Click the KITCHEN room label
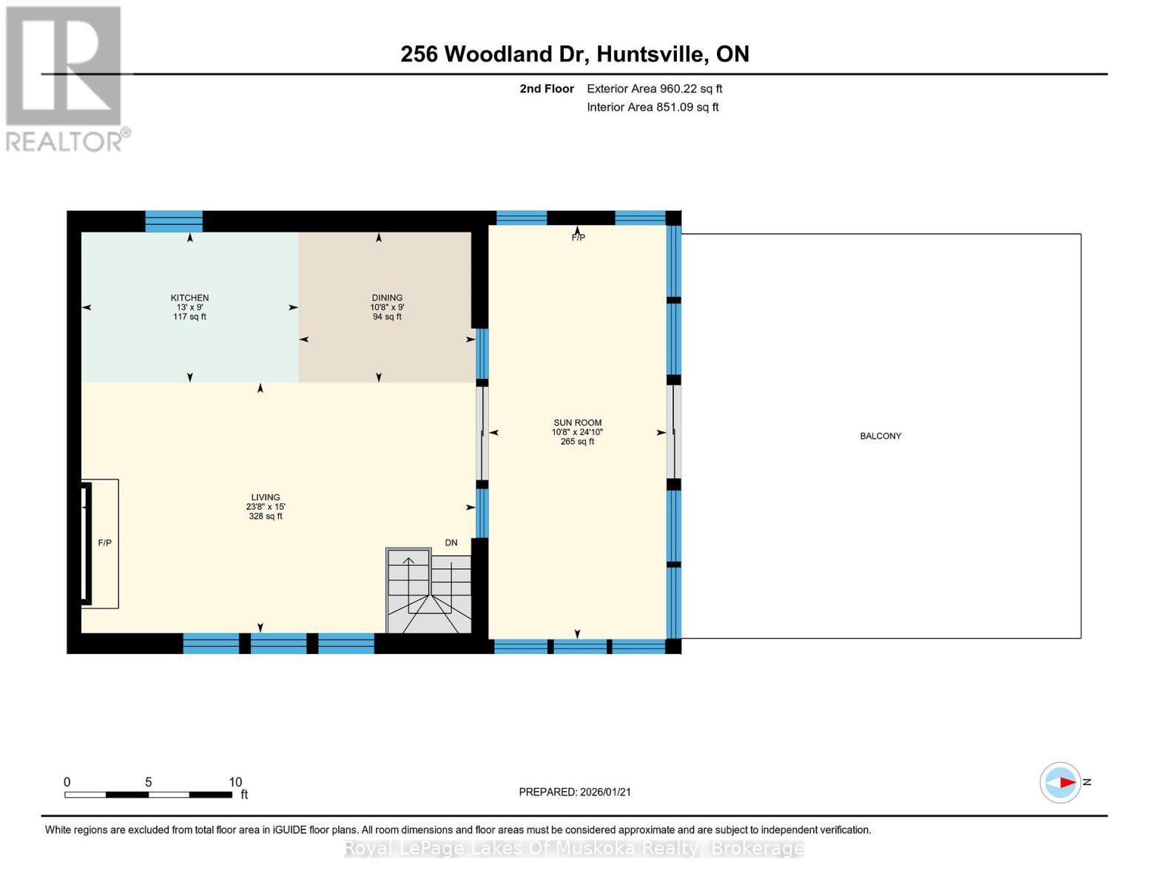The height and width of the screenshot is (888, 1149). (x=189, y=297)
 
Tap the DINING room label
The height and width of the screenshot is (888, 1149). (x=387, y=297)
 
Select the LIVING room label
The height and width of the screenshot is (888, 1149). (x=265, y=497)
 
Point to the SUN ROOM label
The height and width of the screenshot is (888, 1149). (x=577, y=423)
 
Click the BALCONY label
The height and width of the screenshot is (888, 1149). (x=880, y=436)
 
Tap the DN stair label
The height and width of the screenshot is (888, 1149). (x=451, y=542)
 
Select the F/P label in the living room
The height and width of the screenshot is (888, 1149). (x=105, y=542)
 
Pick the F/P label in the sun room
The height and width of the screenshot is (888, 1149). (x=578, y=238)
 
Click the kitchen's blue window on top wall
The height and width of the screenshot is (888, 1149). (x=174, y=221)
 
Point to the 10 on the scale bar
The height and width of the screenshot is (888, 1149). (x=235, y=782)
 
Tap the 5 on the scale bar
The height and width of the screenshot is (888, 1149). (x=149, y=782)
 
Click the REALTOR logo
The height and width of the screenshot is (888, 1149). (x=65, y=78)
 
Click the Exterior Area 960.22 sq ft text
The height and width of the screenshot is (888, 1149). (x=654, y=89)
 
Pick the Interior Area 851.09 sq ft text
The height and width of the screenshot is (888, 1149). (x=653, y=107)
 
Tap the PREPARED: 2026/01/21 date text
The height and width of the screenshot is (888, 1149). (x=575, y=792)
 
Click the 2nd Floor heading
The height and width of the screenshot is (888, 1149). (x=547, y=89)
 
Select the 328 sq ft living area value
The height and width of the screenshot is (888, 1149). (x=265, y=517)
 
